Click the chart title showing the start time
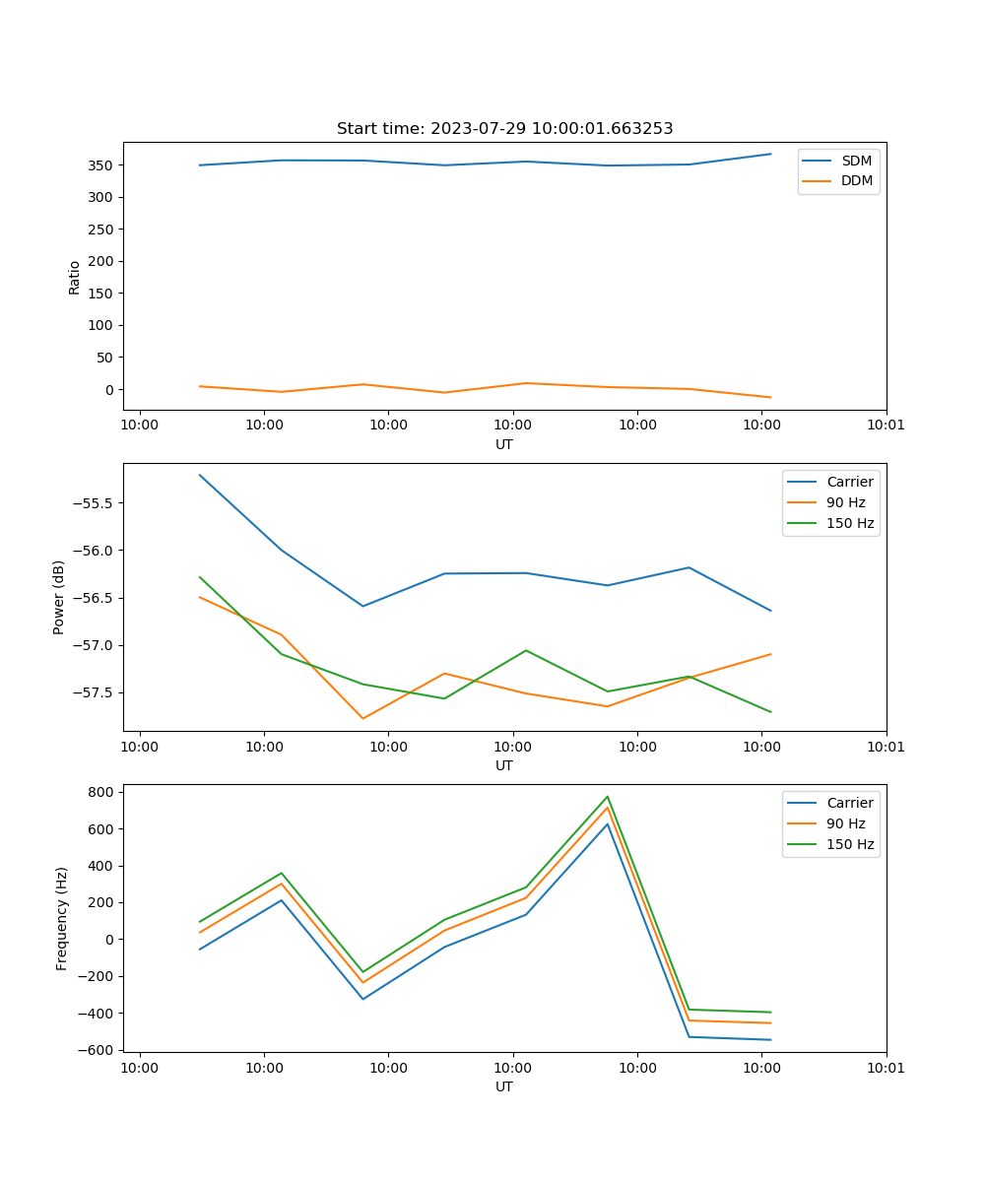[x=504, y=129]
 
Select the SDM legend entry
[x=856, y=161]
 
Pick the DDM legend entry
[x=856, y=180]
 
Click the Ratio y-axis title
[x=75, y=277]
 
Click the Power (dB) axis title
[x=59, y=597]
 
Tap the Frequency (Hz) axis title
[x=62, y=918]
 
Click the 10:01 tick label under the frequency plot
[x=886, y=1066]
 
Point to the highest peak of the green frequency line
[x=608, y=796]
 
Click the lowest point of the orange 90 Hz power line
[x=362, y=718]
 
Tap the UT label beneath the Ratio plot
[x=504, y=444]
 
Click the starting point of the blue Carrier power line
[x=200, y=475]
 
